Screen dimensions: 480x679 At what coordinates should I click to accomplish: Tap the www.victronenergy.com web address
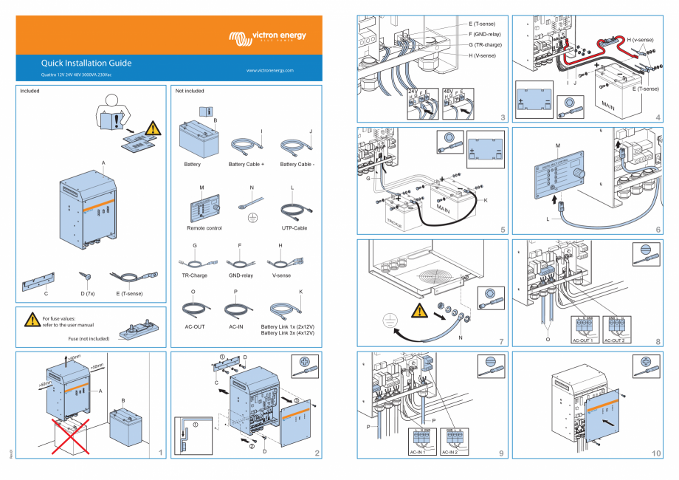point(269,71)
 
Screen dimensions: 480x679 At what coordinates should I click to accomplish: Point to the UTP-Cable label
point(294,228)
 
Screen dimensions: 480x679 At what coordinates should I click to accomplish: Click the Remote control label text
point(204,228)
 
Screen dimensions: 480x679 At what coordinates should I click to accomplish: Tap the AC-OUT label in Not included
point(194,326)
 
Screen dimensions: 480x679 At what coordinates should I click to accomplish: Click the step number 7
point(501,341)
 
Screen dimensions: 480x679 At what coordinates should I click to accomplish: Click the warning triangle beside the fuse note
point(32,320)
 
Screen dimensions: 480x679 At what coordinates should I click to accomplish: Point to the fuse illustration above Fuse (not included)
point(139,327)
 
